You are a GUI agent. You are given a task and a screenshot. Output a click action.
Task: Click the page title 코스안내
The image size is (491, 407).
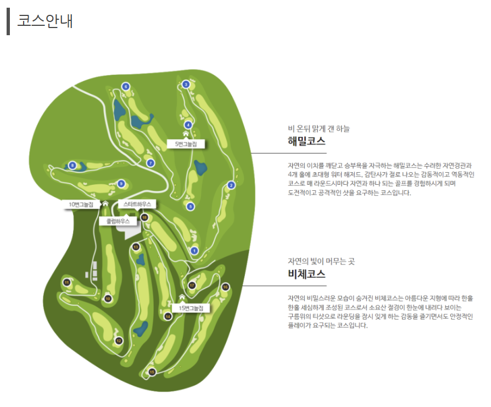[45, 21]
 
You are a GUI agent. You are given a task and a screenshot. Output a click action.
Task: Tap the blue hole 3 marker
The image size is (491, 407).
[186, 84]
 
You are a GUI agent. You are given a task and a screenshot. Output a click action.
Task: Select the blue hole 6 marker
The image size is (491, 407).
[126, 86]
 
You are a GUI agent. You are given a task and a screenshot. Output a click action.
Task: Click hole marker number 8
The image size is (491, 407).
[72, 165]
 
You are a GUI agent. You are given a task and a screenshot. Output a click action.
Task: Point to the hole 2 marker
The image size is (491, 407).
[231, 185]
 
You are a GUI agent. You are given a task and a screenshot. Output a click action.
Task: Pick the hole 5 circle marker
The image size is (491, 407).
[191, 206]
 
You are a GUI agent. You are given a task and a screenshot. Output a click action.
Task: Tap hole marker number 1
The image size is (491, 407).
[194, 251]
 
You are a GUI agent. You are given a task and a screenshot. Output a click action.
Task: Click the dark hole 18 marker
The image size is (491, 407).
[144, 217]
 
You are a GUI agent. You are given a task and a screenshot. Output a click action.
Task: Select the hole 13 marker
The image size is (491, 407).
[136, 247]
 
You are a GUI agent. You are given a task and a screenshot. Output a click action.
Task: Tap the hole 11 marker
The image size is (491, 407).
[66, 283]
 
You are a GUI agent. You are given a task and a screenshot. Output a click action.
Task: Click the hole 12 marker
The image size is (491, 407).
[119, 341]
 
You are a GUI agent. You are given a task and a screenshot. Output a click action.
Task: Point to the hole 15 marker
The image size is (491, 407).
[152, 372]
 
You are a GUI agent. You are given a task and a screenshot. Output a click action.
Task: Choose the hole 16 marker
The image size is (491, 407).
[225, 287]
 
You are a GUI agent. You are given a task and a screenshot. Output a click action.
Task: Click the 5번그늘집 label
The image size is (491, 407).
[186, 144]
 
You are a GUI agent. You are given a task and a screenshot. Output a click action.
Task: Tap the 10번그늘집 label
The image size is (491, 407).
[81, 205]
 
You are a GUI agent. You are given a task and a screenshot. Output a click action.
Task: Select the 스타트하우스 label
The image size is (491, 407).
[137, 204]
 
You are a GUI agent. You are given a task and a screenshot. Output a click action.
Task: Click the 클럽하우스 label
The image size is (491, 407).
[118, 221]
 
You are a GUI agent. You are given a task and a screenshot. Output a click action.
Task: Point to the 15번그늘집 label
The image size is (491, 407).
[191, 308]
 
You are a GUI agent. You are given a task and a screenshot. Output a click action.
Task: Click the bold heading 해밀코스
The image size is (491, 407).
[306, 141]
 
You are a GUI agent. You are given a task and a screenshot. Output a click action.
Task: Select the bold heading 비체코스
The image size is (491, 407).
[306, 274]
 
